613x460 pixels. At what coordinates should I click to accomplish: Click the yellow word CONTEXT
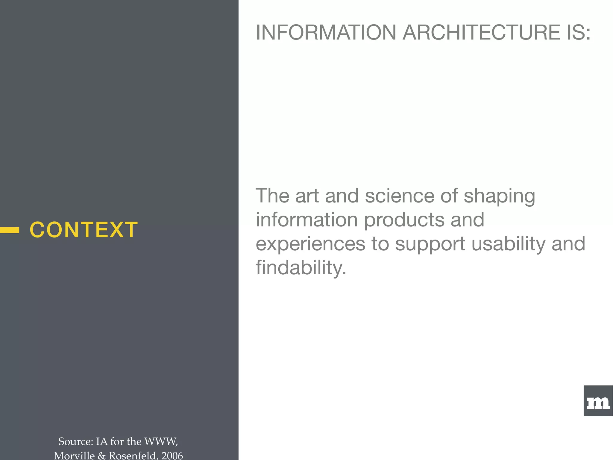tap(84, 230)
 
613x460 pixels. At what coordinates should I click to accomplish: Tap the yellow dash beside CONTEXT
tap(10, 230)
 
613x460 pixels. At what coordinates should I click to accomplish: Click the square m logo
tap(598, 401)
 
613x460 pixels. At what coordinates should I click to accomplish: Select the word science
tap(399, 196)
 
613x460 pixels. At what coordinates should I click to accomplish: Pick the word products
tap(404, 220)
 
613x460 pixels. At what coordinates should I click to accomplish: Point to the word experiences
tap(310, 244)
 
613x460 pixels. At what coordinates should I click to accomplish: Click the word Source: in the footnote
tap(75, 441)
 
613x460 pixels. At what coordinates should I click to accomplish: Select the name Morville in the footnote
tap(74, 455)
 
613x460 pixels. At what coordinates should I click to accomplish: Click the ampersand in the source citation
tap(102, 456)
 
